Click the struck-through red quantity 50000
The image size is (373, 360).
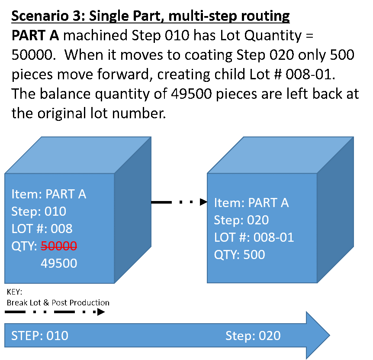coord(59,246)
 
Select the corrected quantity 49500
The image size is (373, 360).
coord(59,263)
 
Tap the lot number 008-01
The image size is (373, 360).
coord(274,237)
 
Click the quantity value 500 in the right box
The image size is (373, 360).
coord(254,255)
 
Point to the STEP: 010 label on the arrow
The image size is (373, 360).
coord(40,336)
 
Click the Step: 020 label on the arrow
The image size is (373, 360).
coord(253,336)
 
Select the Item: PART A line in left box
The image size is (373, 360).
coord(49,194)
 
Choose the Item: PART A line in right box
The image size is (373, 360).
coord(251,203)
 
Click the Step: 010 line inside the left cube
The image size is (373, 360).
coord(39,211)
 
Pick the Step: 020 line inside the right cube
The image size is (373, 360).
coord(241,220)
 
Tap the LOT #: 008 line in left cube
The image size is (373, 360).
coord(42,229)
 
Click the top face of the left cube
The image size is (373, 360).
coord(78,155)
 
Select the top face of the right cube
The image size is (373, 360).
coord(280,155)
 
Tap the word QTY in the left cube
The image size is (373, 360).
coord(23,246)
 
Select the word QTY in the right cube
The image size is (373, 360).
coord(225,255)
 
